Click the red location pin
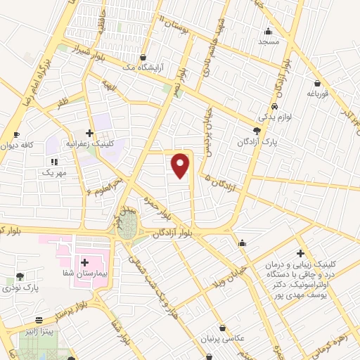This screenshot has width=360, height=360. click(x=181, y=165)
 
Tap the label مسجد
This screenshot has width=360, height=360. click(x=269, y=41)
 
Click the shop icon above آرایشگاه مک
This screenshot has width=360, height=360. click(x=144, y=58)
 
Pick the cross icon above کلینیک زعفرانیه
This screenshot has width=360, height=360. click(x=89, y=132)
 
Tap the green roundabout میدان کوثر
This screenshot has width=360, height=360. click(x=129, y=224)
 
